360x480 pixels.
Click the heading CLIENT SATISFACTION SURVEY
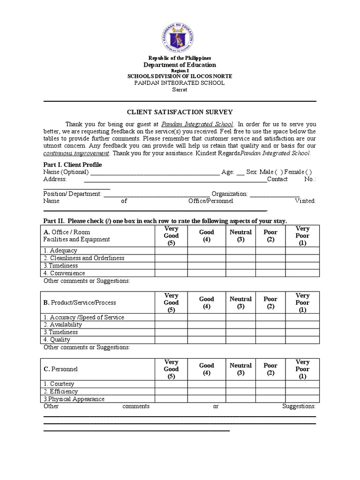[180, 112]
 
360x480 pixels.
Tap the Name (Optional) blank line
[154, 172]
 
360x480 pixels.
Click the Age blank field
[240, 172]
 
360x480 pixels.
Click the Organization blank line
[274, 194]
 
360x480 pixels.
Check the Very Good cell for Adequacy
[171, 251]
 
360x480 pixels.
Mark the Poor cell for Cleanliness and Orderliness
[270, 258]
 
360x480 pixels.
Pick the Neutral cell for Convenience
[240, 273]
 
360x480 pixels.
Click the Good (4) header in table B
[207, 302]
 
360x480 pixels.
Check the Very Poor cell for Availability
[302, 325]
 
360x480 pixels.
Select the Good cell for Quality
[207, 340]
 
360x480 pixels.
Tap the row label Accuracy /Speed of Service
[84, 317]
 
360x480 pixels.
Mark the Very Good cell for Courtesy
[171, 384]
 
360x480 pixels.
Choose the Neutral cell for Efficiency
[240, 391]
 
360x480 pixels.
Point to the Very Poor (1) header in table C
[302, 369]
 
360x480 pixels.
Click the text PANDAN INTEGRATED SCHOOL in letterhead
[180, 83]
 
